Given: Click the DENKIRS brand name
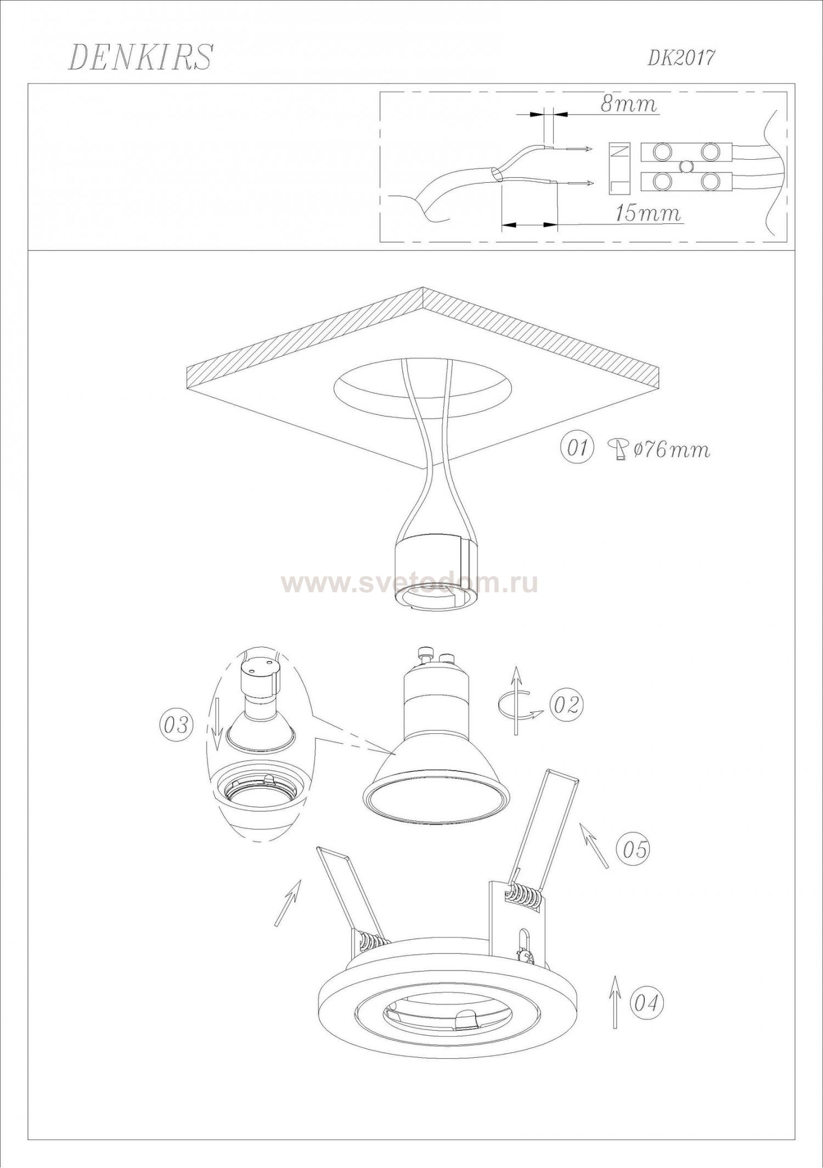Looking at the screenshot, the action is tap(140, 58).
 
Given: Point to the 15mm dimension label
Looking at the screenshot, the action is tap(647, 213).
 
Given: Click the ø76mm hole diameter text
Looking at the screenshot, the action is tap(672, 450).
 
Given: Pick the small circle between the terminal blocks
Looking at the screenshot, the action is tap(686, 166).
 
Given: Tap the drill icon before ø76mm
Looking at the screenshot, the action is tap(618, 450).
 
